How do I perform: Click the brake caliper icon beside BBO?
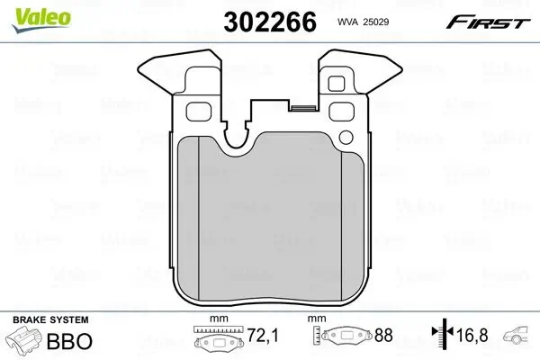click(x=25, y=343)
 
